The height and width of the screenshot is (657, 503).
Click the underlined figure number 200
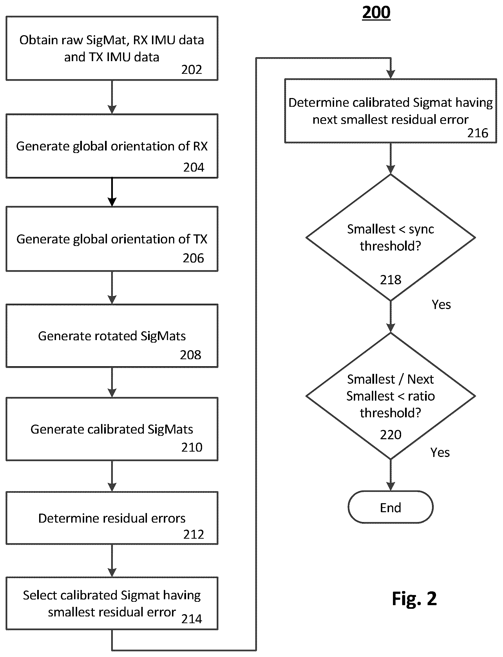pyautogui.click(x=376, y=13)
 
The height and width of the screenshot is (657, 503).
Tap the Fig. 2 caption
pyautogui.click(x=414, y=599)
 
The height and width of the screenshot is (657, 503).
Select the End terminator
pyautogui.click(x=390, y=507)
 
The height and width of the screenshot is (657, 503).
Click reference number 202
pyautogui.click(x=192, y=70)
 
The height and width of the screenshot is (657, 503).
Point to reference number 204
pyautogui.click(x=194, y=167)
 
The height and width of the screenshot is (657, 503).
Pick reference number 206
pyautogui.click(x=193, y=258)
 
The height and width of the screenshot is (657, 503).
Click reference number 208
pyautogui.click(x=191, y=355)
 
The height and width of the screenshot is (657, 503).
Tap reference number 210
pyautogui.click(x=192, y=447)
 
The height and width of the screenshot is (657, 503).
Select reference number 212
pyautogui.click(x=194, y=534)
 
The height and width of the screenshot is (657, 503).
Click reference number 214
pyautogui.click(x=192, y=619)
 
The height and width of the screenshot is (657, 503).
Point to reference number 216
pyautogui.click(x=478, y=133)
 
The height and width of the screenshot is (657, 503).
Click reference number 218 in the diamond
pyautogui.click(x=391, y=279)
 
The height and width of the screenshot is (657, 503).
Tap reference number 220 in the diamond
pyautogui.click(x=391, y=434)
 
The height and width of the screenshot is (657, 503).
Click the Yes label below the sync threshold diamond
pyautogui.click(x=441, y=304)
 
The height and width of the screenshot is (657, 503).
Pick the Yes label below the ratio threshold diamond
pyautogui.click(x=440, y=452)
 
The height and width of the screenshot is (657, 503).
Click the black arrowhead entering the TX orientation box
pyautogui.click(x=112, y=202)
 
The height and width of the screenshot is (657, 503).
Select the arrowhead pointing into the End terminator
pyautogui.click(x=390, y=486)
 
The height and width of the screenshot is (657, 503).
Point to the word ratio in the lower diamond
pyautogui.click(x=421, y=396)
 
